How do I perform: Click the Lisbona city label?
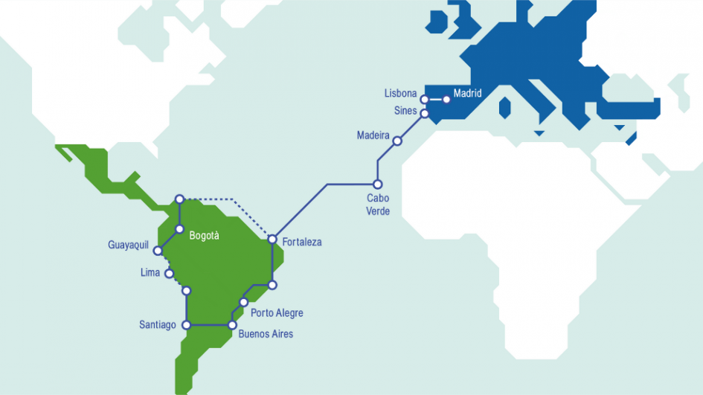(400, 94)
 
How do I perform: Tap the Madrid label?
(467, 93)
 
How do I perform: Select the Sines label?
(405, 111)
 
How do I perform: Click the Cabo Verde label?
(378, 205)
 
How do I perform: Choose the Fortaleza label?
(302, 242)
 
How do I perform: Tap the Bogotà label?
(205, 236)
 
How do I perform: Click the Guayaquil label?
(129, 244)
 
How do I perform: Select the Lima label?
(150, 272)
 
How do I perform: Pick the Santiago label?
(158, 324)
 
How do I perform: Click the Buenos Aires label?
(266, 334)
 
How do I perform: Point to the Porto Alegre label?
(277, 313)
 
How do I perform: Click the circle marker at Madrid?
(446, 99)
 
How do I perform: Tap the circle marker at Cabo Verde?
(377, 184)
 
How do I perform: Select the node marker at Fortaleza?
(272, 240)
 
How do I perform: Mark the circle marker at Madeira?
(397, 141)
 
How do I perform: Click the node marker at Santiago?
(187, 325)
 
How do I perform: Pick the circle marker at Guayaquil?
(158, 251)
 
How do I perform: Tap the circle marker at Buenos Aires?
(232, 325)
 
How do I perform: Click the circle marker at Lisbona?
(424, 99)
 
